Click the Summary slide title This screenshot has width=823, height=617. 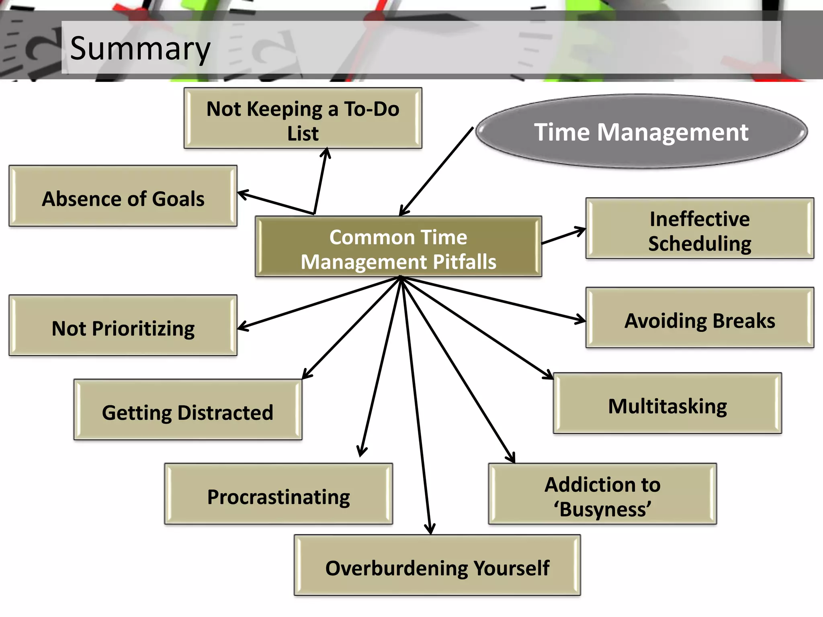point(140,48)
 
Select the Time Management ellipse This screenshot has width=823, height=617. point(641,132)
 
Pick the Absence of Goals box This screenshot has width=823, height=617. point(123,196)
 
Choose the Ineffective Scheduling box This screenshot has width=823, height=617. point(700,228)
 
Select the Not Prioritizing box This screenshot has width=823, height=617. point(123,325)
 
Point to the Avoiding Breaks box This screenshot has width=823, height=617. point(700,318)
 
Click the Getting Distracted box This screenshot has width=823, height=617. point(188,410)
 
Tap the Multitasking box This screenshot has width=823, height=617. point(667,403)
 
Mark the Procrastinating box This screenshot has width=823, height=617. point(278,494)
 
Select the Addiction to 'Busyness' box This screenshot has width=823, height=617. point(602,494)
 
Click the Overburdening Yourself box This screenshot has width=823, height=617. point(437,565)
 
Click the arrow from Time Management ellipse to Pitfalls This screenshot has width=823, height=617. point(436,172)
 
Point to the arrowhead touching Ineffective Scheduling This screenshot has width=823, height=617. point(581,231)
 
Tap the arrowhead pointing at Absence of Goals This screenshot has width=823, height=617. point(242,194)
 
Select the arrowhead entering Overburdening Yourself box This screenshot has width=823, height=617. point(430,529)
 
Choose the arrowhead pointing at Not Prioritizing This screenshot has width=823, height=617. point(243,327)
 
